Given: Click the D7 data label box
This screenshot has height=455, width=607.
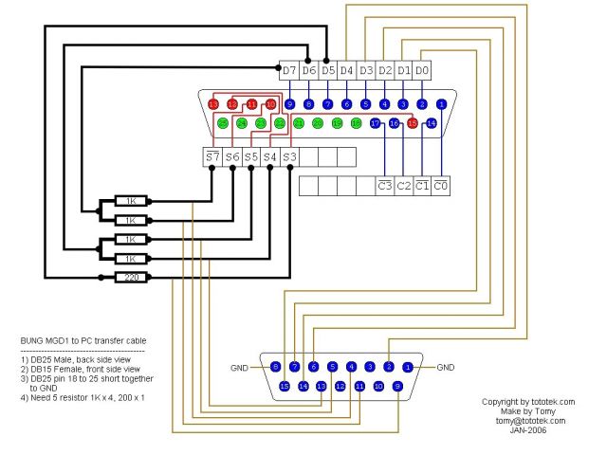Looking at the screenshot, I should point(289,70).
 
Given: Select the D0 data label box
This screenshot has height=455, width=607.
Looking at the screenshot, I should point(422,70).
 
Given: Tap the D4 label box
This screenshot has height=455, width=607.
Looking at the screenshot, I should point(346,70).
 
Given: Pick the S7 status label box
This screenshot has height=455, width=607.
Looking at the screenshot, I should point(212,156).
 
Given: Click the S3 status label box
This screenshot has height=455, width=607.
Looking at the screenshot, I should point(289,156).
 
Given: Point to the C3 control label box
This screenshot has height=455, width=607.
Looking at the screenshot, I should point(384,185).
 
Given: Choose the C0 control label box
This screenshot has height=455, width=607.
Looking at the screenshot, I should point(441,185).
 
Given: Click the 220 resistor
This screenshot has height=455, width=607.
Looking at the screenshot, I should point(129,277).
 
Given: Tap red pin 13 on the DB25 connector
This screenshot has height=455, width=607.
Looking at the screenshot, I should point(213,103).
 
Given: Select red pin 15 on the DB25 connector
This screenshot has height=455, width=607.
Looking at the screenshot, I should point(413,123).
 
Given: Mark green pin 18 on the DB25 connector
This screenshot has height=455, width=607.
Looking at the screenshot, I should point(356,123).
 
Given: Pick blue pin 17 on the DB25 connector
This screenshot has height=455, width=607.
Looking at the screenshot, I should point(375,123).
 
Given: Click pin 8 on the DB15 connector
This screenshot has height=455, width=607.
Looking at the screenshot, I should point(275,366).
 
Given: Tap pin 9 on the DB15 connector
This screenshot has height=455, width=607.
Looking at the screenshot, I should point(397,386).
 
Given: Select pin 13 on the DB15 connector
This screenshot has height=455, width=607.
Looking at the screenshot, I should point(322,386).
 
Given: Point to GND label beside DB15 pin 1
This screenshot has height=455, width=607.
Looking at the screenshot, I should point(447,367).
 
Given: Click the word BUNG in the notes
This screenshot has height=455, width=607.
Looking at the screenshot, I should point(31,339).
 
